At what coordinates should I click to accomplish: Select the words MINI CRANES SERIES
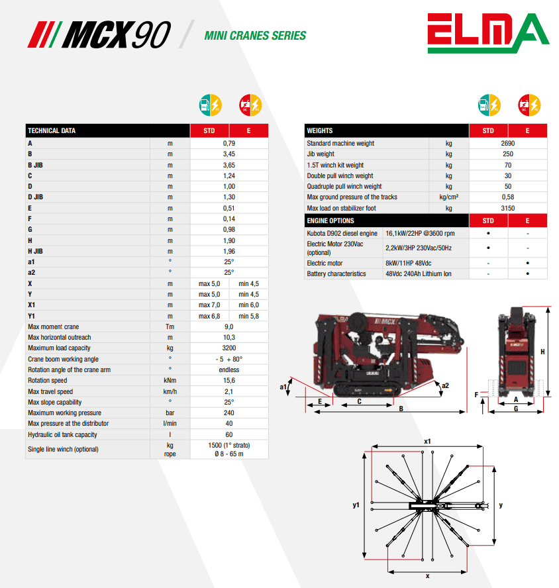pos(255,36)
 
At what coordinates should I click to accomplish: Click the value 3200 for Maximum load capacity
pos(229,348)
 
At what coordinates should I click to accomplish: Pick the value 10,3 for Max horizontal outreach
pos(229,338)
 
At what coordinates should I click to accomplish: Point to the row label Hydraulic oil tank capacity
pos(62,434)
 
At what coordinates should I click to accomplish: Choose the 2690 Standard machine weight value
pos(507,143)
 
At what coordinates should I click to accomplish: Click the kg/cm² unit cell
pos(448,197)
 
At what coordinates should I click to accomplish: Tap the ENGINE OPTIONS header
pos(330,221)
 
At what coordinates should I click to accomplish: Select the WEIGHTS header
pos(320,131)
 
